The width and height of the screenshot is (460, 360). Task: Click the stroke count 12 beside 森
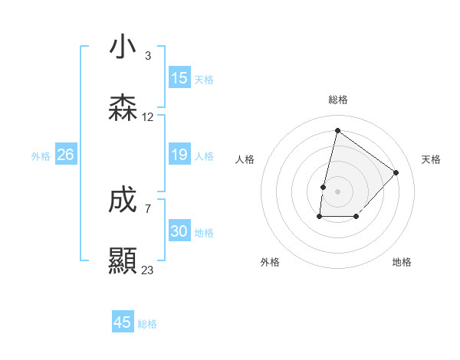click(x=148, y=117)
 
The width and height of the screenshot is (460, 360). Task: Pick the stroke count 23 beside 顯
click(x=148, y=270)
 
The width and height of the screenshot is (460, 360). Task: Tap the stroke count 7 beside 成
click(x=148, y=208)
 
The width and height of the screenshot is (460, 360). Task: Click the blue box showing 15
click(x=179, y=78)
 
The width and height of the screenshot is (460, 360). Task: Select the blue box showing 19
click(x=179, y=155)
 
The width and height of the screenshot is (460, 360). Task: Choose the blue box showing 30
click(x=179, y=231)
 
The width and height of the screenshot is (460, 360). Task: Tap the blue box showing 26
click(x=65, y=155)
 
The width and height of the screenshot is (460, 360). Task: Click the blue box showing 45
click(x=123, y=322)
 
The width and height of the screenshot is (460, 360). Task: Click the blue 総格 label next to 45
click(x=147, y=324)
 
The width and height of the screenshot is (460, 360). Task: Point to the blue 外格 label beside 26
click(x=41, y=156)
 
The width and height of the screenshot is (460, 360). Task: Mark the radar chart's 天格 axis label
click(x=431, y=159)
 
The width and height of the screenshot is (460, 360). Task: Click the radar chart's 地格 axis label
click(x=402, y=262)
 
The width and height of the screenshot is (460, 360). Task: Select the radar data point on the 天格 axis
click(x=396, y=172)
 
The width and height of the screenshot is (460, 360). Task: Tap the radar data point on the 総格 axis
click(x=337, y=129)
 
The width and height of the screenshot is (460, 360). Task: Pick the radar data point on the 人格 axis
click(x=324, y=186)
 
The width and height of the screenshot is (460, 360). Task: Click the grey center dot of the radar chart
click(x=337, y=191)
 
